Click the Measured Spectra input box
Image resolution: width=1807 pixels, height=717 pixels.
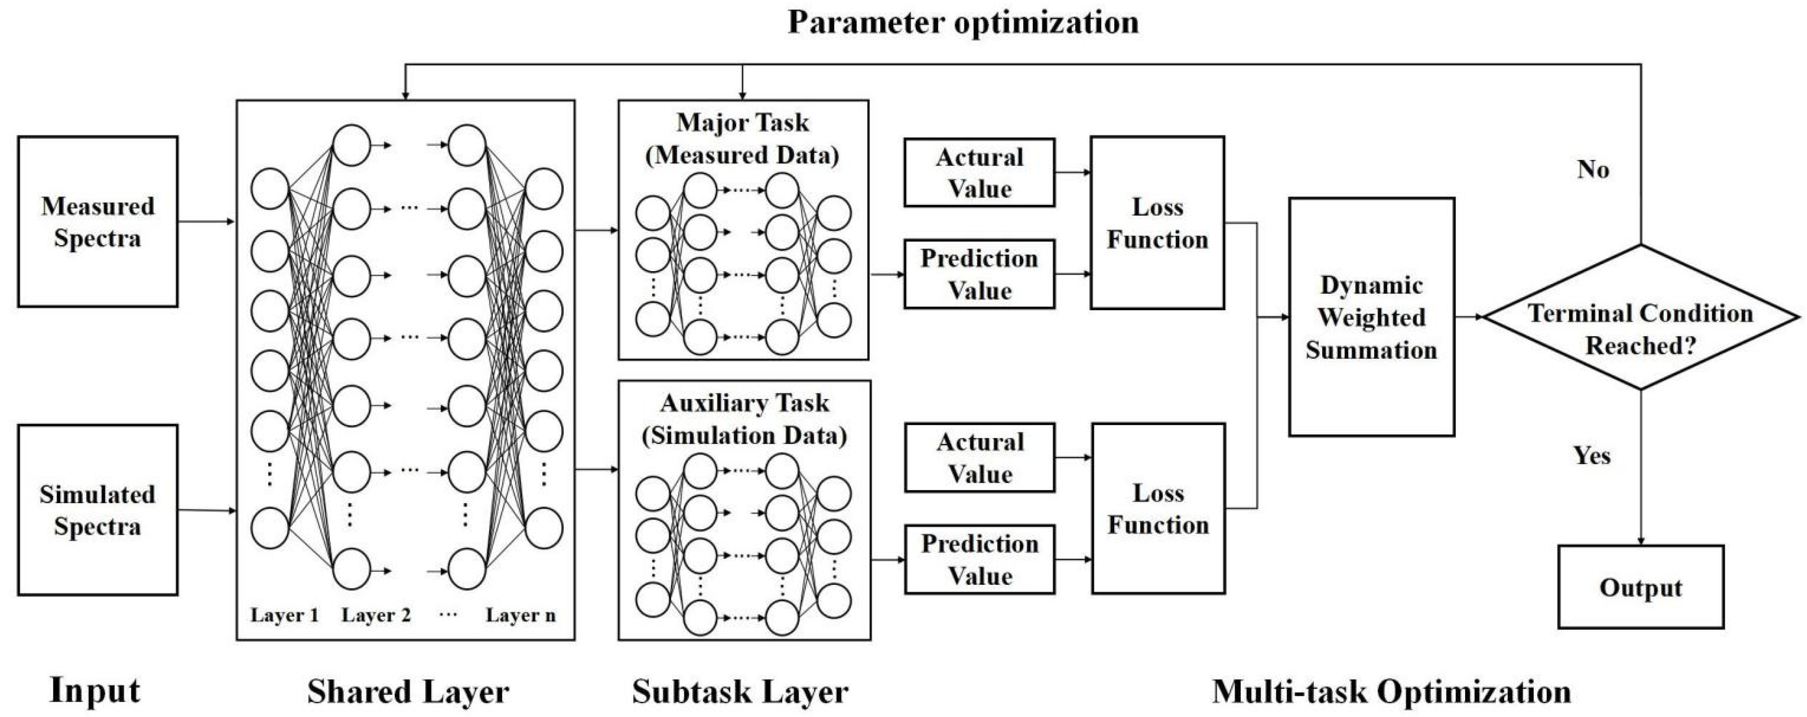[97, 222]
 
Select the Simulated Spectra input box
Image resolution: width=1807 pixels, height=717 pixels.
[97, 510]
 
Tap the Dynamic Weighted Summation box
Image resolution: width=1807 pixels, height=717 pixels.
[1371, 317]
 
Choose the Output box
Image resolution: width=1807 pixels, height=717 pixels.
[1640, 587]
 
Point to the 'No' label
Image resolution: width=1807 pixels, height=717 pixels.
[1593, 170]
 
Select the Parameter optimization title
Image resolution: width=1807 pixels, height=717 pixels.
[963, 23]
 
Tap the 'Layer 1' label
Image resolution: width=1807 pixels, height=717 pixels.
[284, 615]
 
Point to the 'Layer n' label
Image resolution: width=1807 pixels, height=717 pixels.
[520, 615]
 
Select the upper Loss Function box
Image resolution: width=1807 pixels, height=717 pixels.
[1158, 223]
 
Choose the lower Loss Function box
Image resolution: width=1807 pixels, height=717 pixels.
[1158, 509]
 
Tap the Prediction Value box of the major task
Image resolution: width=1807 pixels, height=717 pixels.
[979, 274]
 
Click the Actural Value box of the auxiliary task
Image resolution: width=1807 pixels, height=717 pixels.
[979, 457]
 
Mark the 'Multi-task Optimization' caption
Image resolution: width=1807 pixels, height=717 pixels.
[1391, 692]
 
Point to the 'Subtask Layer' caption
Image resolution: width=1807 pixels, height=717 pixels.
[740, 692]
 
